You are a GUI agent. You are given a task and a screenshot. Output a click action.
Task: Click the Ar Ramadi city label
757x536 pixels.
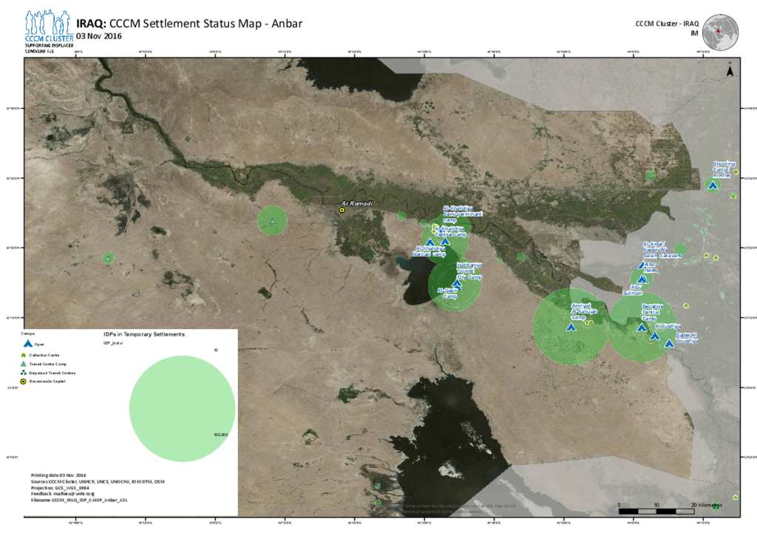pos(354,203)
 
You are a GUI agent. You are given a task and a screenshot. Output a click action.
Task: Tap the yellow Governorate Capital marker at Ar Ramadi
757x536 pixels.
pos(342,210)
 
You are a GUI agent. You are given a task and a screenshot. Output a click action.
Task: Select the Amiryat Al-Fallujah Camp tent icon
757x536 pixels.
pos(570,327)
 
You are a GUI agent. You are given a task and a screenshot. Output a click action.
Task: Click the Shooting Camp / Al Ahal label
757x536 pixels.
pos(722,169)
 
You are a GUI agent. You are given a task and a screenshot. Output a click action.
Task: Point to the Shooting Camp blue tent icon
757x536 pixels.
pos(713,185)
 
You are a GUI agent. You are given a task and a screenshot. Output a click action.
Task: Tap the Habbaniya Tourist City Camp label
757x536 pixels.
pos(469,271)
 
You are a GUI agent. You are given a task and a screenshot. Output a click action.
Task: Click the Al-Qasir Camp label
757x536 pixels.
pos(447,294)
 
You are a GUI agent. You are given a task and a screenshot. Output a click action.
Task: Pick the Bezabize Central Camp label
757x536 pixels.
pos(653,311)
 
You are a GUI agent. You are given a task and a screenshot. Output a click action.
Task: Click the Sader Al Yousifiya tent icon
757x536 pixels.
pos(669,343)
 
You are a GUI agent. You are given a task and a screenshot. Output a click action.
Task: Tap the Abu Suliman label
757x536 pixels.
pos(634,291)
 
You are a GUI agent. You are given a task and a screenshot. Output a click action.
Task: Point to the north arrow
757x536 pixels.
pos(730,71)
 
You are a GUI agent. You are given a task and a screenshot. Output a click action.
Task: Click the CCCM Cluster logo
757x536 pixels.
pos(48,28)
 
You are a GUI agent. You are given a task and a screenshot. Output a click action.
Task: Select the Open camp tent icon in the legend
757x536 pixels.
pos(28,345)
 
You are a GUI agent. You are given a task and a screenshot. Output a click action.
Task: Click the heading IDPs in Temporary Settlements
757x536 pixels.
pos(143,335)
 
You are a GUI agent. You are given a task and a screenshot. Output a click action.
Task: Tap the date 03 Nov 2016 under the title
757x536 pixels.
pos(99,36)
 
